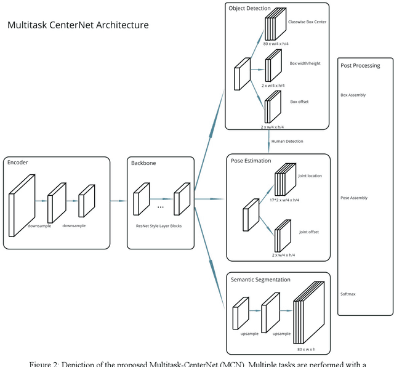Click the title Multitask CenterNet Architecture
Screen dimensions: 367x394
78,25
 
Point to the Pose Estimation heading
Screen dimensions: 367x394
251,161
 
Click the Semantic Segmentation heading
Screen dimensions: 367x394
260,280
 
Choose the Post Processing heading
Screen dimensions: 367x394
360,65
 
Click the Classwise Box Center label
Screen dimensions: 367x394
307,22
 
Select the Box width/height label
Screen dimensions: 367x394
306,63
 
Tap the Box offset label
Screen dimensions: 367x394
299,102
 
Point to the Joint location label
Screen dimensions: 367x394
310,175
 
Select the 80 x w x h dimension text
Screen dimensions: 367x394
307,350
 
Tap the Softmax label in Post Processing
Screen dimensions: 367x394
348,294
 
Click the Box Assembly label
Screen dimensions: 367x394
353,95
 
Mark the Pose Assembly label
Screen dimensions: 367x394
354,198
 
